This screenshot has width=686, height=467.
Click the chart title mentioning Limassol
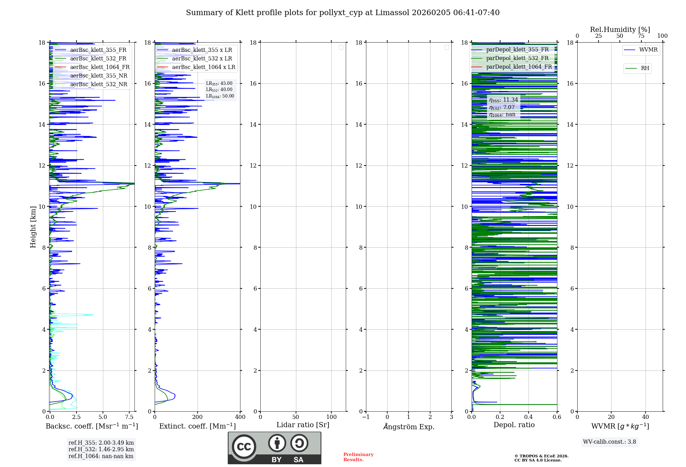[x=343, y=13]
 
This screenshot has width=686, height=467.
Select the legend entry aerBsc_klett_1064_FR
[x=99, y=67]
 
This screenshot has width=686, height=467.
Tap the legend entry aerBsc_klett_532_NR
[x=98, y=84]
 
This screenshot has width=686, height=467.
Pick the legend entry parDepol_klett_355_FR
[x=517, y=49]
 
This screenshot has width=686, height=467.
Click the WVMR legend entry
[x=648, y=50]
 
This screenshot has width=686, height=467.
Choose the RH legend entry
[x=645, y=68]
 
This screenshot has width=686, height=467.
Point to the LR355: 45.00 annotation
[x=219, y=83]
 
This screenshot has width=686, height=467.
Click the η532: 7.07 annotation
[x=502, y=107]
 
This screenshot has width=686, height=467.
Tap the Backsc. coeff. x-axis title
[x=92, y=426]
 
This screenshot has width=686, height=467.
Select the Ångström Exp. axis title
[x=409, y=427]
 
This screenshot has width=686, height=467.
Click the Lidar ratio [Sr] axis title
[x=303, y=425]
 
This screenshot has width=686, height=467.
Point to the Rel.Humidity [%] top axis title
[x=620, y=30]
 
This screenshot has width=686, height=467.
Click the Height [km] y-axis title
[x=33, y=227]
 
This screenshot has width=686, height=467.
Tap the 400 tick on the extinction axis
[x=240, y=417]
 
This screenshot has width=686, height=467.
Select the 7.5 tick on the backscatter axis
[x=129, y=417]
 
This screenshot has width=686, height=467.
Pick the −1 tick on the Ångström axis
[x=366, y=417]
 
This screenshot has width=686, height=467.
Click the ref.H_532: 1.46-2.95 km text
[x=101, y=449]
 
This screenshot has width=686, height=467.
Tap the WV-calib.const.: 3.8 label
[x=610, y=442]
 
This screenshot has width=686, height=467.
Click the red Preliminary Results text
[x=358, y=457]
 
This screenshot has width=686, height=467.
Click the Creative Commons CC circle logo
[x=244, y=447]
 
